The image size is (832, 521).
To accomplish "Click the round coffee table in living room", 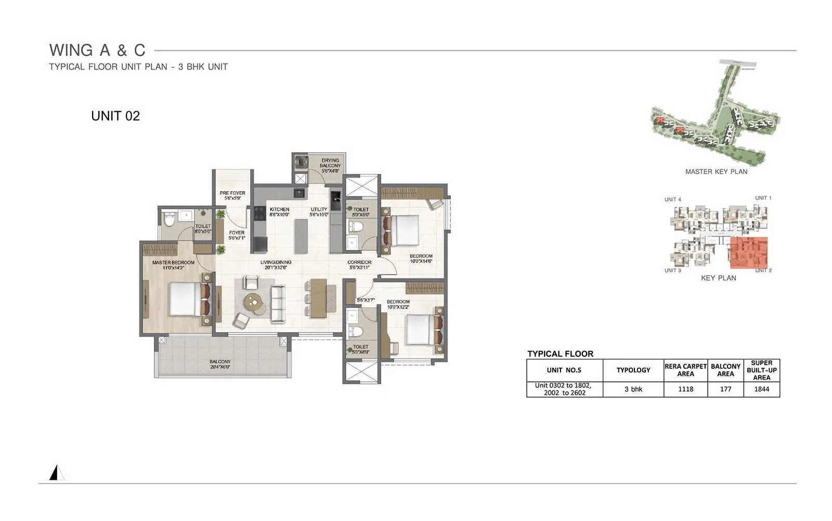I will [254, 301].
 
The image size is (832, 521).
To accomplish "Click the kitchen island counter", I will [301, 236].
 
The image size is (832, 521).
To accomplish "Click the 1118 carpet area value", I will [685, 389].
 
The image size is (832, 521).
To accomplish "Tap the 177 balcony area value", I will [725, 389].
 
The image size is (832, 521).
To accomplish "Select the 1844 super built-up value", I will [761, 389].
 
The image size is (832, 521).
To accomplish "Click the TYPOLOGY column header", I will [633, 370].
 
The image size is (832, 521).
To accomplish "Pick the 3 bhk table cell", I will [633, 389].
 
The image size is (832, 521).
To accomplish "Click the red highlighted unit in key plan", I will [748, 252].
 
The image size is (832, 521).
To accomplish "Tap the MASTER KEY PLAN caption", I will [716, 172].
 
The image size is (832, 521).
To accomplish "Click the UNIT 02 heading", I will [115, 116].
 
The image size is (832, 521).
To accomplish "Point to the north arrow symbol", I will [56, 473].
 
